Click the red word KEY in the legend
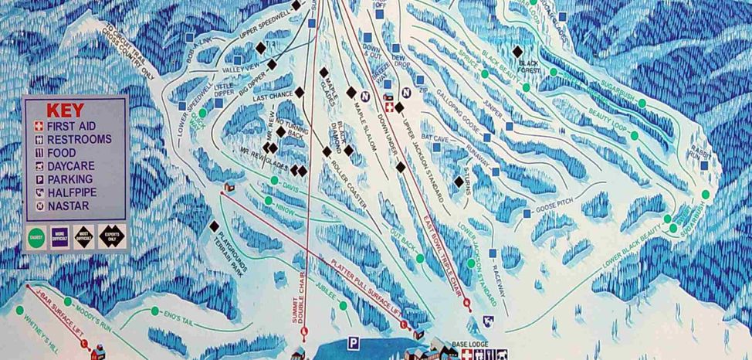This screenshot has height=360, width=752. (65, 110)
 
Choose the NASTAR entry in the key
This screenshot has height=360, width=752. (67, 206)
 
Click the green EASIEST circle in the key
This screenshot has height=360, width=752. (36, 236)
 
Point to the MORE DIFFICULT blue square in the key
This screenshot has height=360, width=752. (60, 236)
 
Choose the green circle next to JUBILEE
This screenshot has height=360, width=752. (343, 306)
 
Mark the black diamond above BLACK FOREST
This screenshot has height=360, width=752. (517, 52)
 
